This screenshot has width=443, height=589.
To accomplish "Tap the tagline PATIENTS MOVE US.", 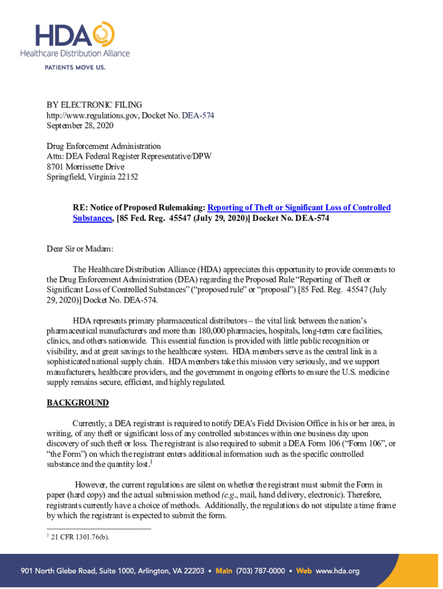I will (75, 67).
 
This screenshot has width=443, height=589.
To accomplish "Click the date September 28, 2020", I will (80, 125).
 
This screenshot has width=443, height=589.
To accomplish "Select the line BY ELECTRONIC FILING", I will (94, 105).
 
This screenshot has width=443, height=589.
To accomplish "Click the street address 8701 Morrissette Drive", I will (86, 167).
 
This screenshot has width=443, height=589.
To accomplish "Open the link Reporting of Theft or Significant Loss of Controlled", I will (299, 208).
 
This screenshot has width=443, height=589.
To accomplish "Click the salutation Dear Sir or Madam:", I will (80, 248).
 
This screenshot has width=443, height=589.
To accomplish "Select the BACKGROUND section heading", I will (77, 403).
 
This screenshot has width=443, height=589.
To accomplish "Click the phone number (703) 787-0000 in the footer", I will (261, 571).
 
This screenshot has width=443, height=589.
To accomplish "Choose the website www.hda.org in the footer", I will (338, 571).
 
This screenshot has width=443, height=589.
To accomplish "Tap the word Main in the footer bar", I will (224, 571).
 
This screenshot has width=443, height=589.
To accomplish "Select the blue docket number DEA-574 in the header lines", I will (197, 115).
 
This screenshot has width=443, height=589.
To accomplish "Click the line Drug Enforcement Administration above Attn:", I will (104, 146).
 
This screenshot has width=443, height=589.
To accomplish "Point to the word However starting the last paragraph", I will (91, 484).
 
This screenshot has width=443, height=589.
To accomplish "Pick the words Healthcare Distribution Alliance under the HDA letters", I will (75, 53).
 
